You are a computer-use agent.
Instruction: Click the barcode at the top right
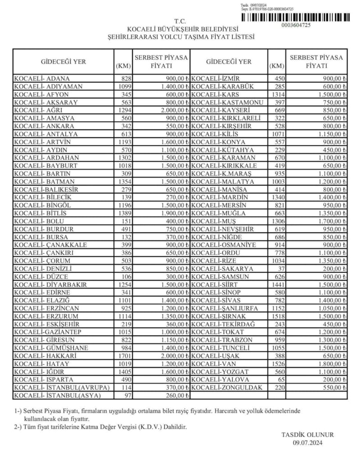coord(295,17)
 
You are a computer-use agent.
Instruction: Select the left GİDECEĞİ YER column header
coord(63,62)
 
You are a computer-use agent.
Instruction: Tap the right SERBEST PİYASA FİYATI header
coord(316,61)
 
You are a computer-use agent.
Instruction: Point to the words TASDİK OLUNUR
coord(308,435)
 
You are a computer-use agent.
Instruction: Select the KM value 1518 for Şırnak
coord(278,316)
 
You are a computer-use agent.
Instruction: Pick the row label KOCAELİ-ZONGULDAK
coord(227,387)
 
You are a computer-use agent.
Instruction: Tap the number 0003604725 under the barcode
coord(296,25)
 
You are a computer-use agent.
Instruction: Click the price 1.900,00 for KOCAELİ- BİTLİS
coord(169,213)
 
